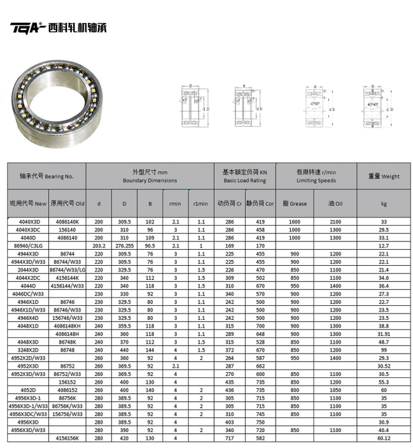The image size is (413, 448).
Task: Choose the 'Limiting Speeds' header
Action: click(316, 180)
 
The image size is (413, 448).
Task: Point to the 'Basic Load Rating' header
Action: click(244, 180)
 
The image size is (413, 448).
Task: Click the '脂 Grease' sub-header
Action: click(295, 204)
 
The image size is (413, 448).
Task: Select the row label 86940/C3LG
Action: click(27, 245)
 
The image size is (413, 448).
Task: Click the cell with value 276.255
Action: click(125, 245)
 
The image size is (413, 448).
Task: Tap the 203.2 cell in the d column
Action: click(99, 245)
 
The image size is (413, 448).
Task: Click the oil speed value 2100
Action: click(335, 221)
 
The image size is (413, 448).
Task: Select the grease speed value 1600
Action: click(295, 221)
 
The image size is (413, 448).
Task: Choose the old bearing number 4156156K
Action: click(67, 438)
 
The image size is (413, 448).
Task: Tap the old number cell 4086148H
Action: click(67, 333)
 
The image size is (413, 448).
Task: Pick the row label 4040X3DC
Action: click(27, 229)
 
